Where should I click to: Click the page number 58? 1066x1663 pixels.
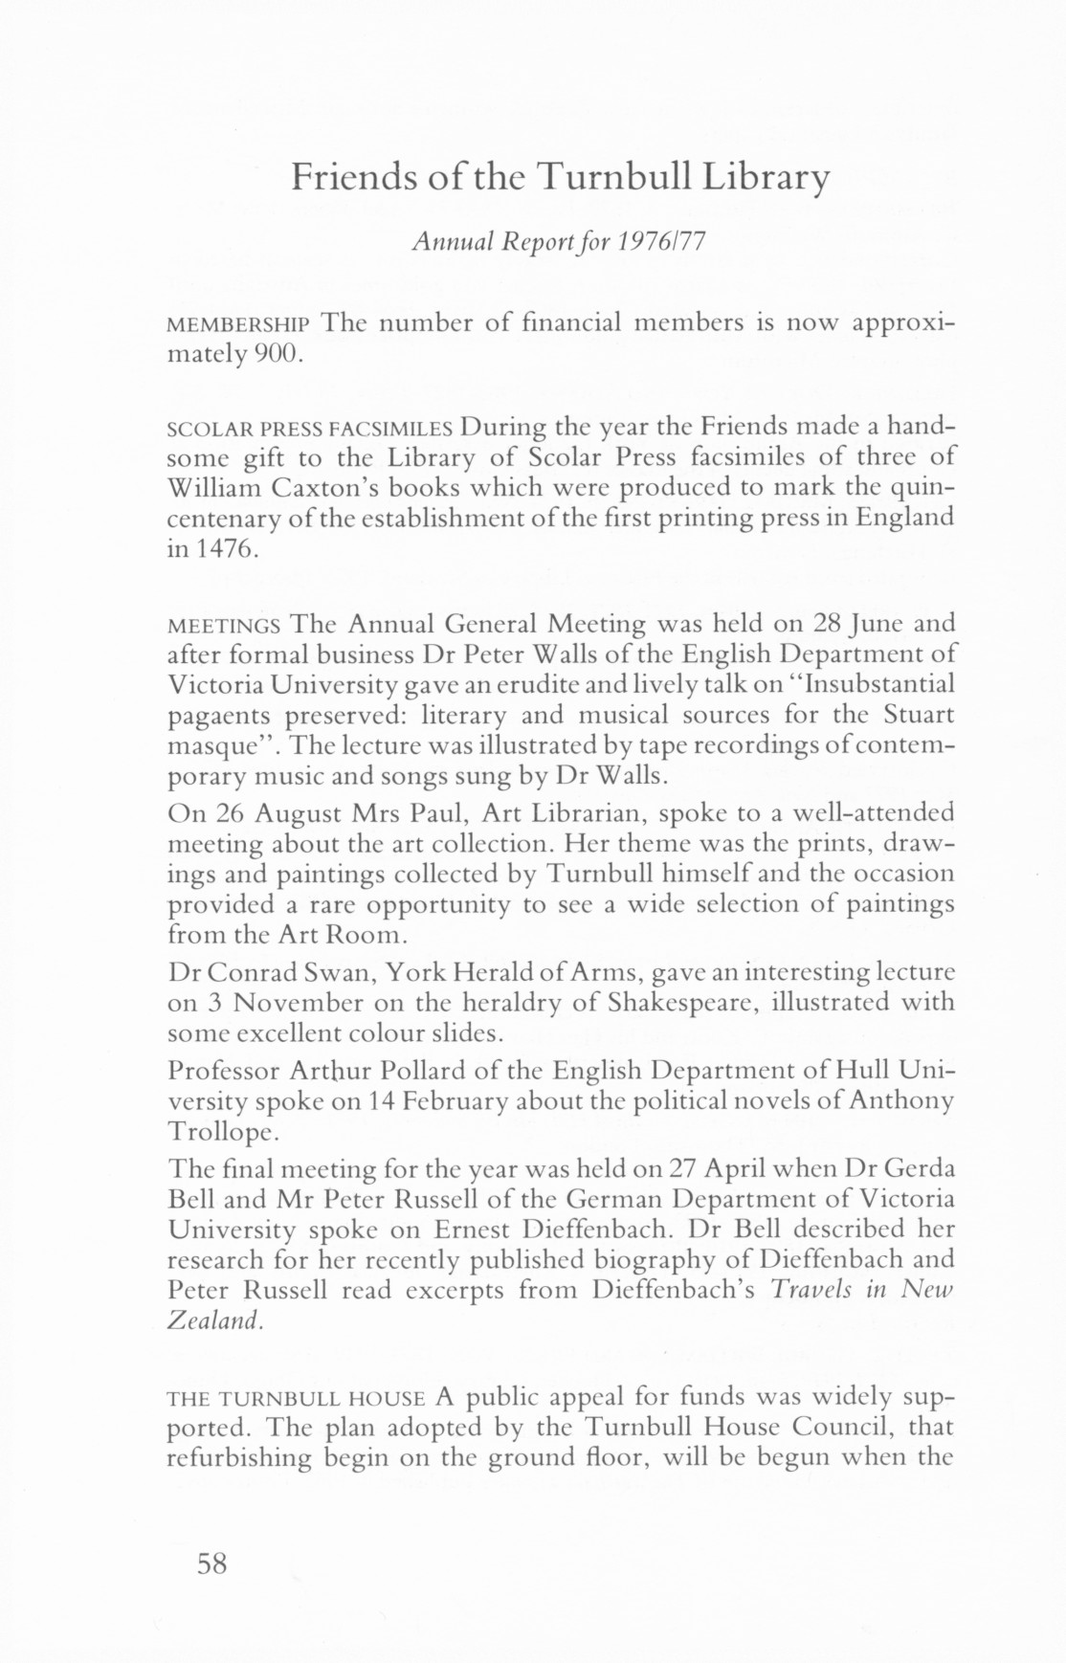pyautogui.click(x=212, y=1564)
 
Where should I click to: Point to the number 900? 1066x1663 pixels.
pyautogui.click(x=277, y=355)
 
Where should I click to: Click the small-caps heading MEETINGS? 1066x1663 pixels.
pyautogui.click(x=224, y=627)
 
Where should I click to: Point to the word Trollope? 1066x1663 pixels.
pyautogui.click(x=222, y=1131)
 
